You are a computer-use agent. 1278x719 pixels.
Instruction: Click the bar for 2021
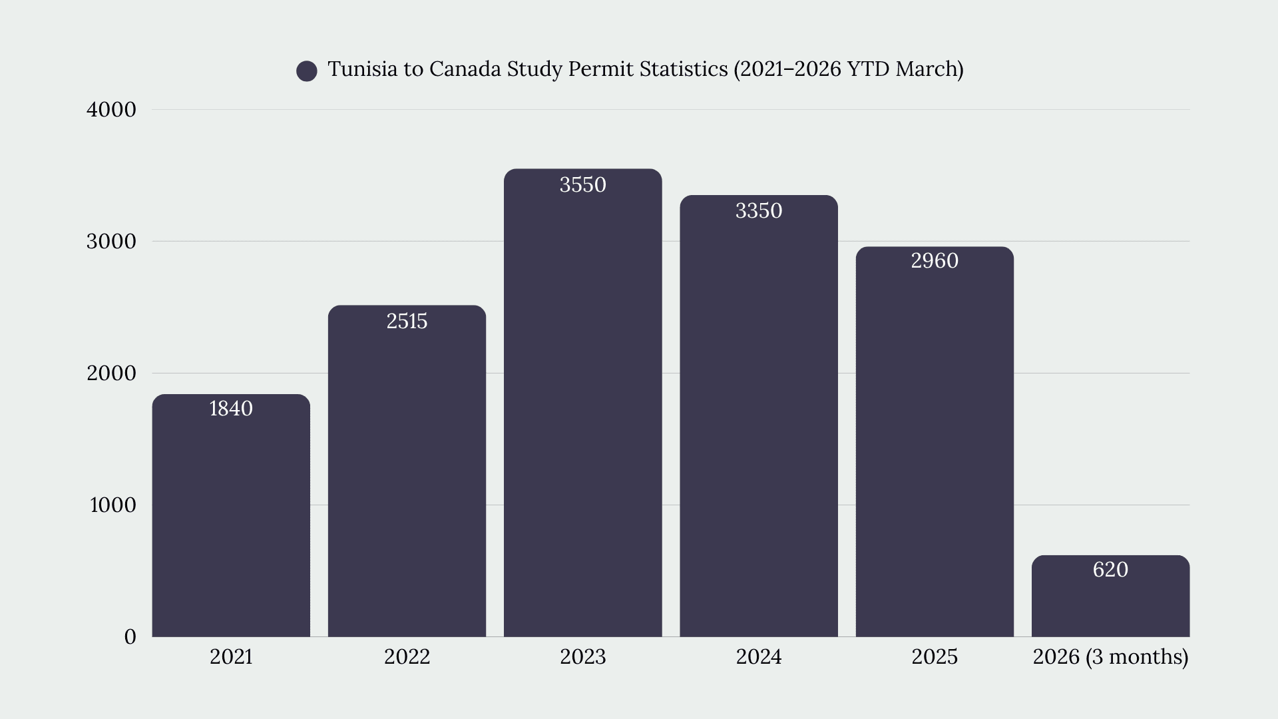[231, 515]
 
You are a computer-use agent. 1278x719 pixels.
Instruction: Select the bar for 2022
[407, 471]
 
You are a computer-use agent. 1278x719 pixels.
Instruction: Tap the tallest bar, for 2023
[583, 403]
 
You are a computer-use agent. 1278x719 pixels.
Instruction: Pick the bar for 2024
[759, 416]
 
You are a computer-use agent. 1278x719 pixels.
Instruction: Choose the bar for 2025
[935, 441]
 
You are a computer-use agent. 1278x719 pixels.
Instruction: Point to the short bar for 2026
[1110, 596]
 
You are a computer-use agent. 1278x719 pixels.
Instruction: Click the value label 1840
[231, 408]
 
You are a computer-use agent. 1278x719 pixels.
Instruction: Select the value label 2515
[407, 321]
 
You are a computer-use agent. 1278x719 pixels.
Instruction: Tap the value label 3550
[583, 184]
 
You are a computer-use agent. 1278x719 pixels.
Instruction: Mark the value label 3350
[759, 210]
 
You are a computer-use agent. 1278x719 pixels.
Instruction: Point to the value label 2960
[935, 260]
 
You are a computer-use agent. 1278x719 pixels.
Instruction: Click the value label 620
[1110, 569]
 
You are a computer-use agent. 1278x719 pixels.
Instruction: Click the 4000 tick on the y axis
[111, 110]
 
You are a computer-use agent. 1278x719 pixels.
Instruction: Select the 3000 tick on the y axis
[111, 242]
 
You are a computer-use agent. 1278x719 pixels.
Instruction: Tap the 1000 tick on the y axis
[113, 505]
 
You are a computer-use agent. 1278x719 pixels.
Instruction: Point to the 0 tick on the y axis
[130, 637]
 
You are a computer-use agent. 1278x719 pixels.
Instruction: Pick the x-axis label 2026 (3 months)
[1110, 657]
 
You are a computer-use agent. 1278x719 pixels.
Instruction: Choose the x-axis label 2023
[583, 657]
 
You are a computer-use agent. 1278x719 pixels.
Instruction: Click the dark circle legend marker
[307, 71]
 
